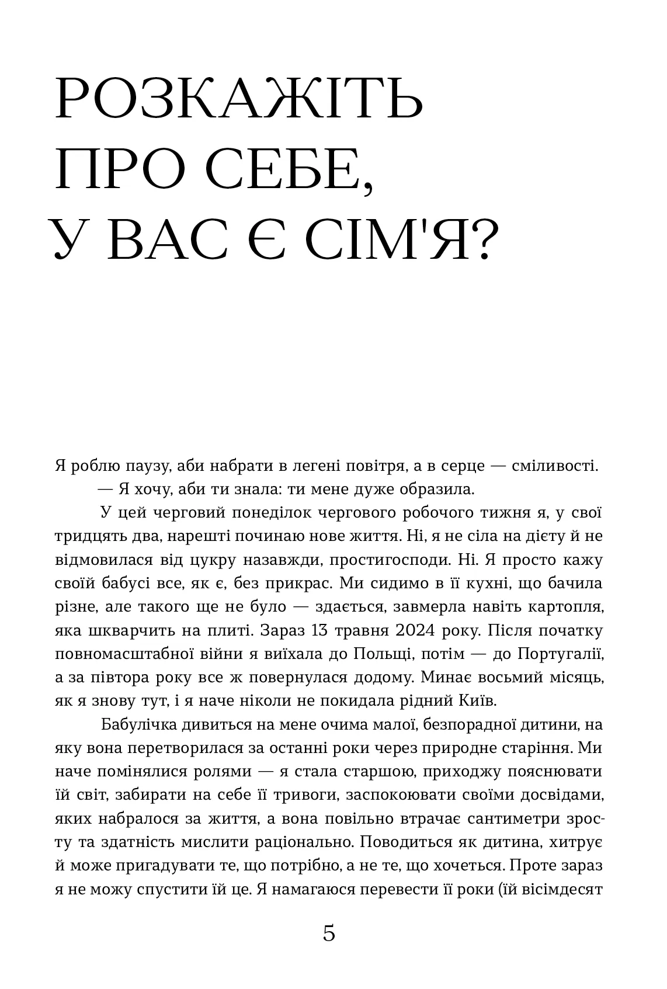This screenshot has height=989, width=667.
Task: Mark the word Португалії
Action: [560, 653]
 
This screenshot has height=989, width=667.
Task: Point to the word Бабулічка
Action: [137, 725]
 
